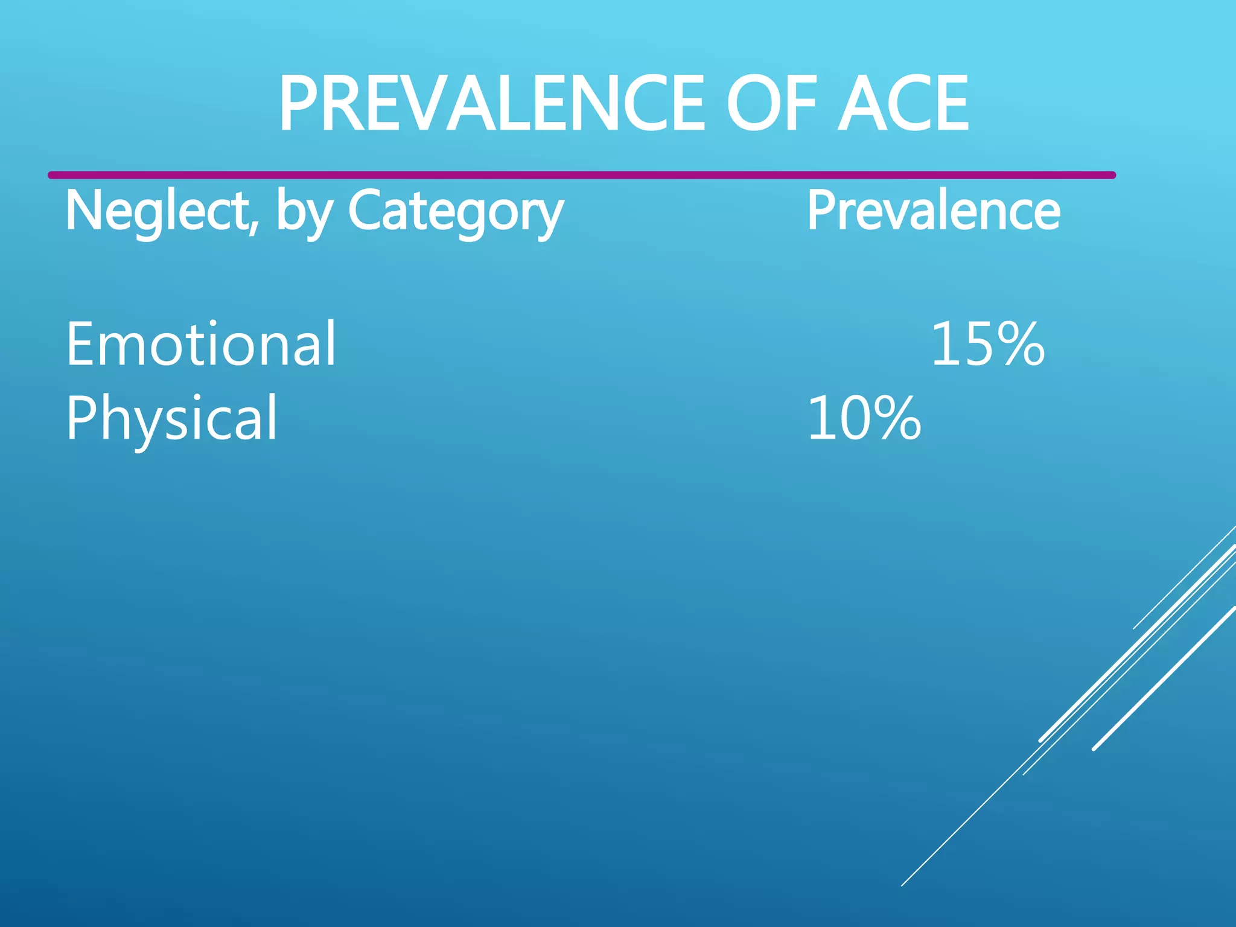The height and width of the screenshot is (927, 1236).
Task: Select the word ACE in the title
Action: coord(903,104)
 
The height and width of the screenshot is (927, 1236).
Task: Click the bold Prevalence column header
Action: coord(933,211)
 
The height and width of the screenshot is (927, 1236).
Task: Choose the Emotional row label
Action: coord(200,343)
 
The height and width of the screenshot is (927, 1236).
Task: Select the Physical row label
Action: coord(171,418)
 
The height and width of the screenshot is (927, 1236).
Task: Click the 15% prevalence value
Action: coord(987,344)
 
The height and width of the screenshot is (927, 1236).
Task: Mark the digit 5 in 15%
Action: coord(979,344)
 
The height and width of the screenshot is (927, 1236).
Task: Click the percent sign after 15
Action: coord(1022,344)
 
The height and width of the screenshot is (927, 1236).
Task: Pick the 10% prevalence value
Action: coord(864,418)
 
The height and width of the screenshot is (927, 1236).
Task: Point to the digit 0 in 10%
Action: coord(856,418)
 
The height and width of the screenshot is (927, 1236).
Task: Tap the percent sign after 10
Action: coord(899,418)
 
